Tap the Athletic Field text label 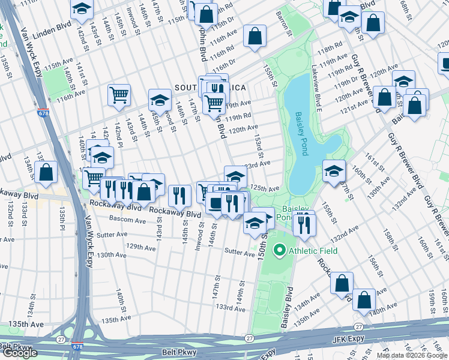pyautogui.click(x=310, y=250)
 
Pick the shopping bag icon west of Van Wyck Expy pyautogui.click(x=46, y=173)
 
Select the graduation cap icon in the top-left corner pyautogui.click(x=81, y=9)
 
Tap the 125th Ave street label pyautogui.click(x=265, y=188)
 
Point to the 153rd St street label pyautogui.click(x=258, y=146)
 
